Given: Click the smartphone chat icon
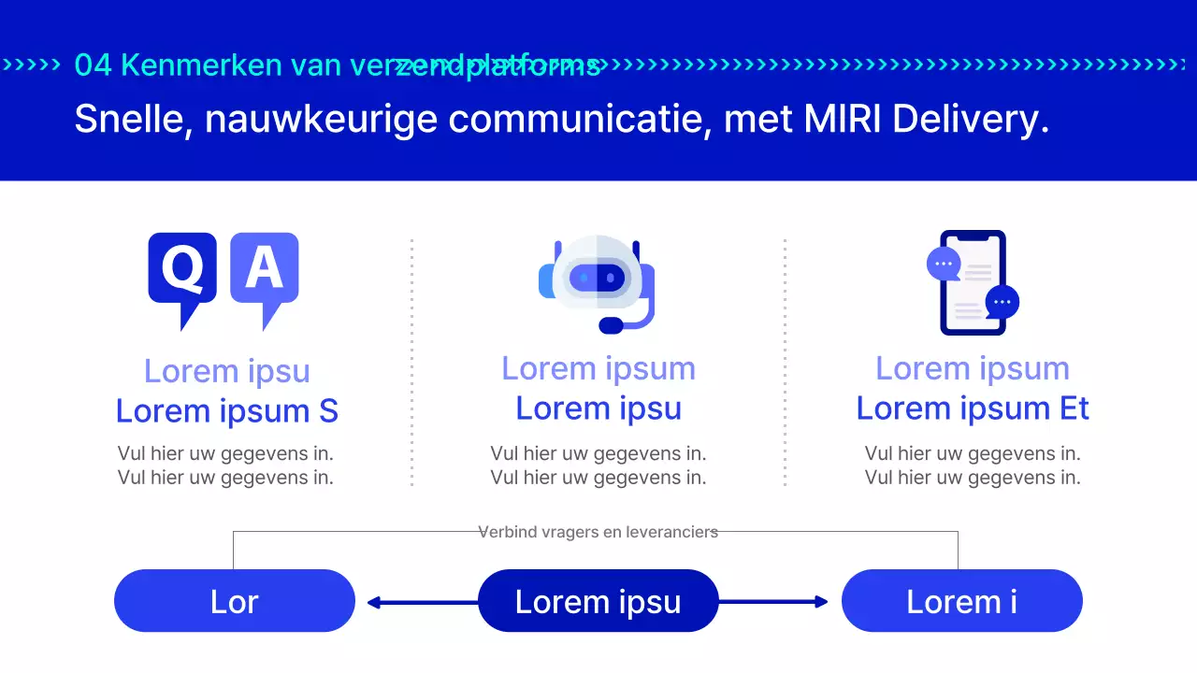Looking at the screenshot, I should point(973,282).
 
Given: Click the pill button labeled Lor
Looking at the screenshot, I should point(235,601).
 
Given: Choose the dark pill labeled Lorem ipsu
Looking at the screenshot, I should point(598,601).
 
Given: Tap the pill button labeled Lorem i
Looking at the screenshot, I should point(961,601).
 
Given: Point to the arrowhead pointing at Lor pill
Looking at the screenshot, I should point(373,603).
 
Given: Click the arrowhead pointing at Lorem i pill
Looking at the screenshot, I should point(822,602).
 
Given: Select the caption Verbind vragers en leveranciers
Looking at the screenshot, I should point(598,532).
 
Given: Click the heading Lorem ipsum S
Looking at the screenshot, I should point(227,411).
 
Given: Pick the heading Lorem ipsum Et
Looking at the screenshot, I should point(973,408).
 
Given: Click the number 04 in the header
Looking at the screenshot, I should point(94,64).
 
